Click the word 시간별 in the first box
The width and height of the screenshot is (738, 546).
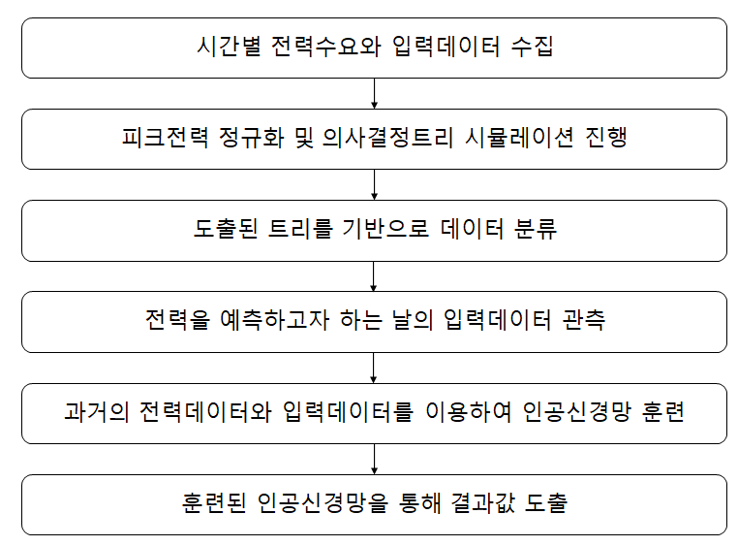pyautogui.click(x=229, y=47)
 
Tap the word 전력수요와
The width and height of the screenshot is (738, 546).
pyautogui.click(x=325, y=47)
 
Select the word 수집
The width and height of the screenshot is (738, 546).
pyautogui.click(x=532, y=47)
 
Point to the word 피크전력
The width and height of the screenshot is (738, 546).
pyautogui.click(x=165, y=138)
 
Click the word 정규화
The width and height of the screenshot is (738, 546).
pyautogui.click(x=251, y=138)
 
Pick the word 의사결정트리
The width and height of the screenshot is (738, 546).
pyautogui.click(x=387, y=138)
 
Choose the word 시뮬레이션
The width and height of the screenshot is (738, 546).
pyautogui.click(x=519, y=138)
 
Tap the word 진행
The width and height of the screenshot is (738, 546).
pyautogui.click(x=606, y=138)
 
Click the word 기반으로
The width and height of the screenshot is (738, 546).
pyautogui.click(x=385, y=229)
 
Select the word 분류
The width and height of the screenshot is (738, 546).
pyautogui.click(x=536, y=229)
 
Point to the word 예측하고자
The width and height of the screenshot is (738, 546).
pyautogui.click(x=274, y=319)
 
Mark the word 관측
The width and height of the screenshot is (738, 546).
pyautogui.click(x=584, y=319)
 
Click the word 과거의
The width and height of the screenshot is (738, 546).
pyautogui.click(x=96, y=412)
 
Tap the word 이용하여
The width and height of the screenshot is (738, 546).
pyautogui.click(x=469, y=412)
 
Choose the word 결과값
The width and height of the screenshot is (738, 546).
pyautogui.click(x=483, y=502)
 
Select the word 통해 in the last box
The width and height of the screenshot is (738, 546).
pyautogui.click(x=419, y=502)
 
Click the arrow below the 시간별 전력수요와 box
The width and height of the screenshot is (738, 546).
pyautogui.click(x=374, y=93)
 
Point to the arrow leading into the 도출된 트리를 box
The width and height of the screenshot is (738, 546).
pyautogui.click(x=374, y=184)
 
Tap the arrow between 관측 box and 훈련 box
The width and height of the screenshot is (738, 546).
pyautogui.click(x=374, y=368)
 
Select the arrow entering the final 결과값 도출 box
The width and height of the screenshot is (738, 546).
pyautogui.click(x=374, y=459)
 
